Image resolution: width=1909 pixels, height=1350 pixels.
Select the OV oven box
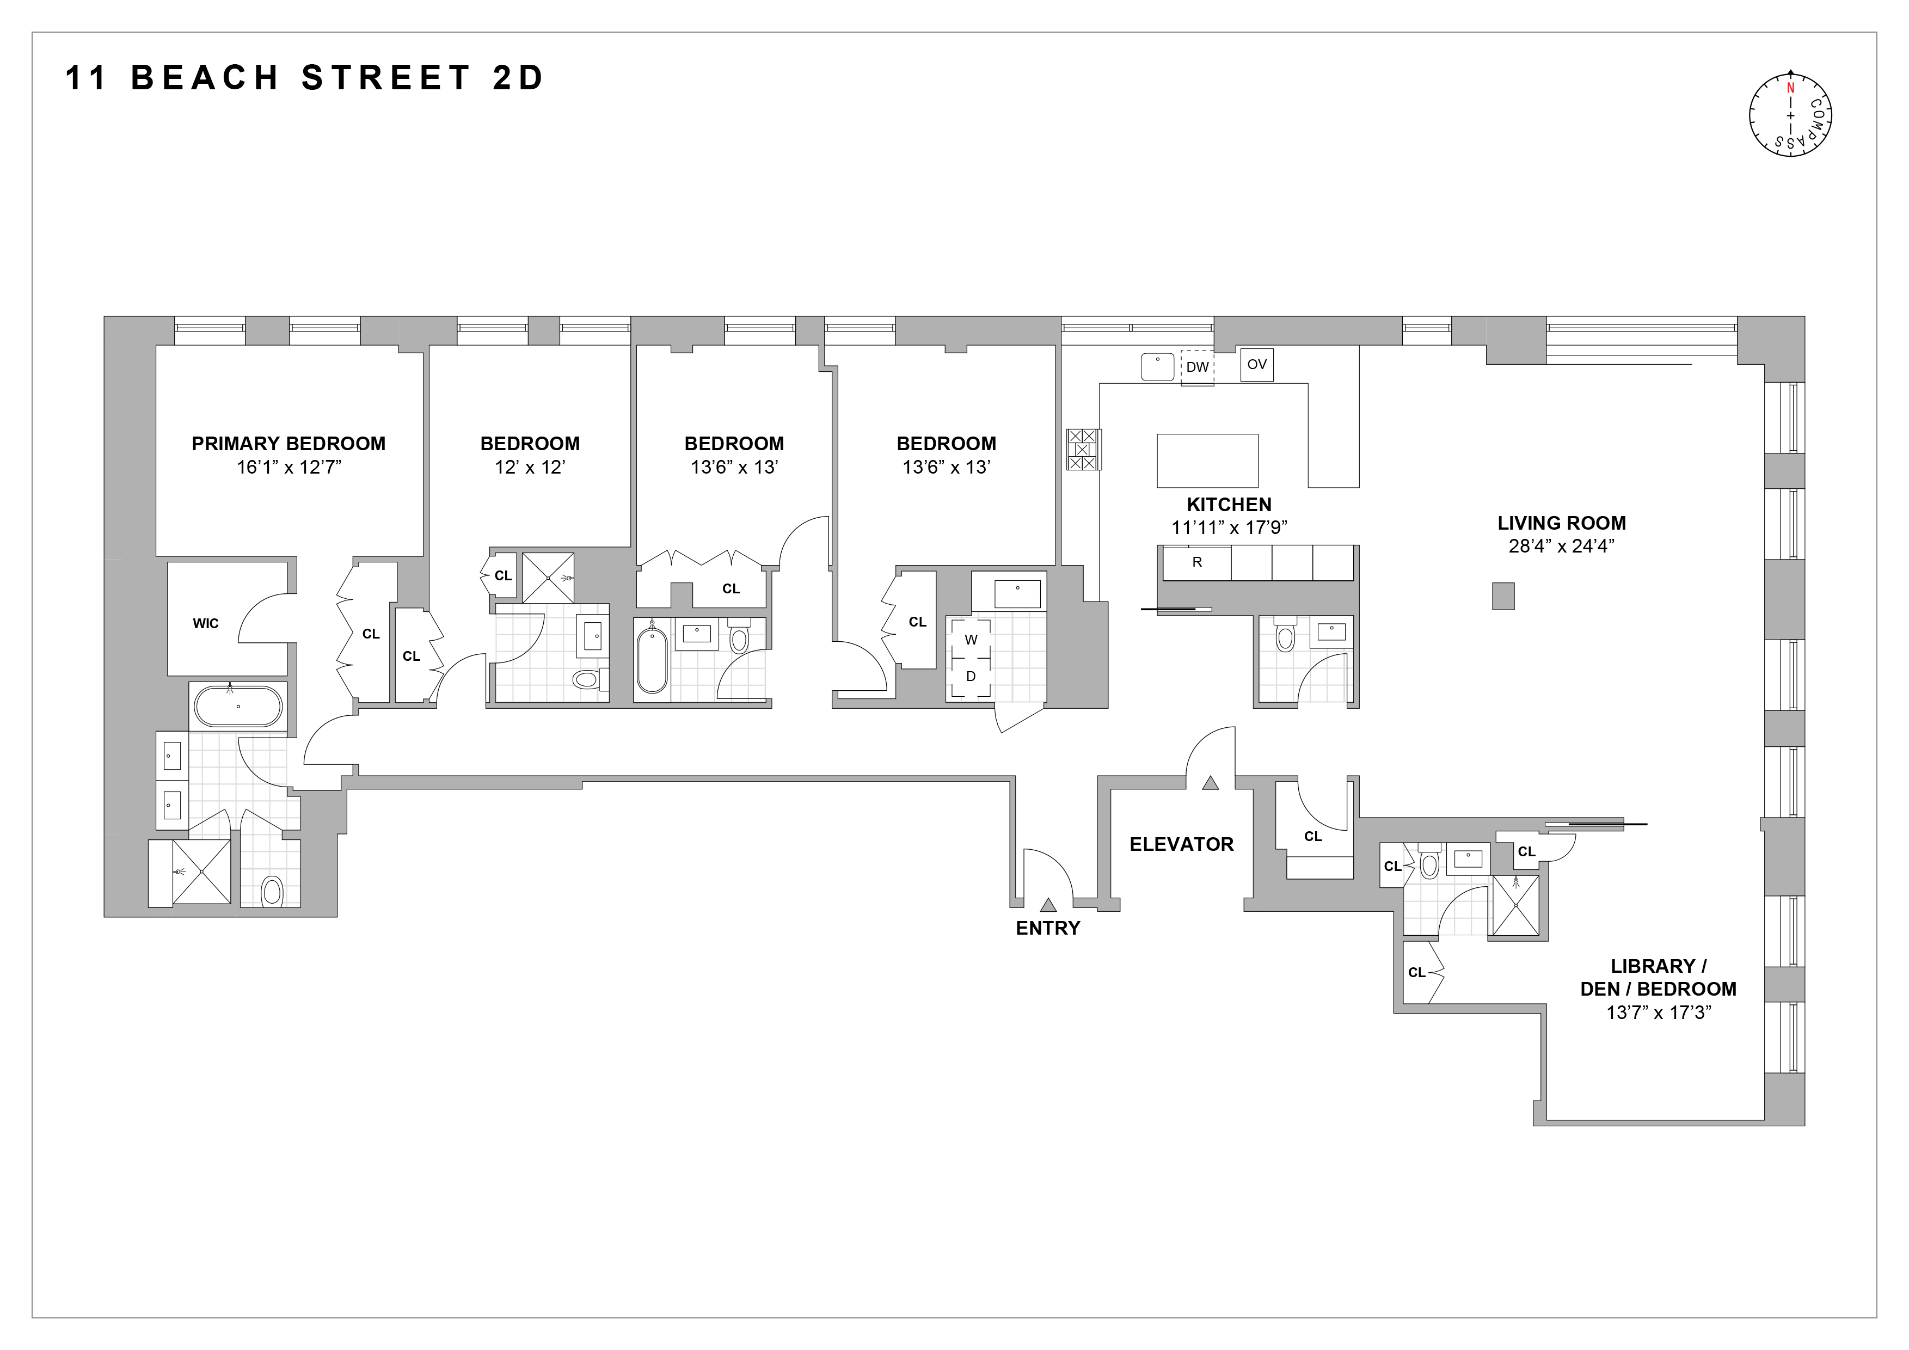coord(1256,365)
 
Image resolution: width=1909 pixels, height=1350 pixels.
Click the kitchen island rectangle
coord(1207,461)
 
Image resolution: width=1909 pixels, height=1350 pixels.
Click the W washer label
coord(971,640)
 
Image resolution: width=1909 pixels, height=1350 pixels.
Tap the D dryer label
coord(971,677)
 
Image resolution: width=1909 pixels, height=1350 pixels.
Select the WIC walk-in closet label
coord(205,623)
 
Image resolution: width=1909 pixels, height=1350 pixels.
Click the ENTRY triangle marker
coord(1048,905)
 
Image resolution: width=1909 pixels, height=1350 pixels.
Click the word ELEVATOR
coord(1181,845)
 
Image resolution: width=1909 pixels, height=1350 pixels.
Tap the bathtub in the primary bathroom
coord(238,707)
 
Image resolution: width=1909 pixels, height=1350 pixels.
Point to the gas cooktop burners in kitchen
coord(1083,450)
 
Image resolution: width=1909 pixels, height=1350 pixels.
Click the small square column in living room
coord(1502,596)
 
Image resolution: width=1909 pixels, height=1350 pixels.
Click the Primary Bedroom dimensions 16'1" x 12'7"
coord(289,467)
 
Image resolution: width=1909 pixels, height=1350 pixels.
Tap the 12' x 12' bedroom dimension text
coord(530,467)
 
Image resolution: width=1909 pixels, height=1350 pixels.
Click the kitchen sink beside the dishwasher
coord(1157,366)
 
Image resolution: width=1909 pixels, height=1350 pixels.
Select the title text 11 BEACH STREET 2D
coord(304,78)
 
